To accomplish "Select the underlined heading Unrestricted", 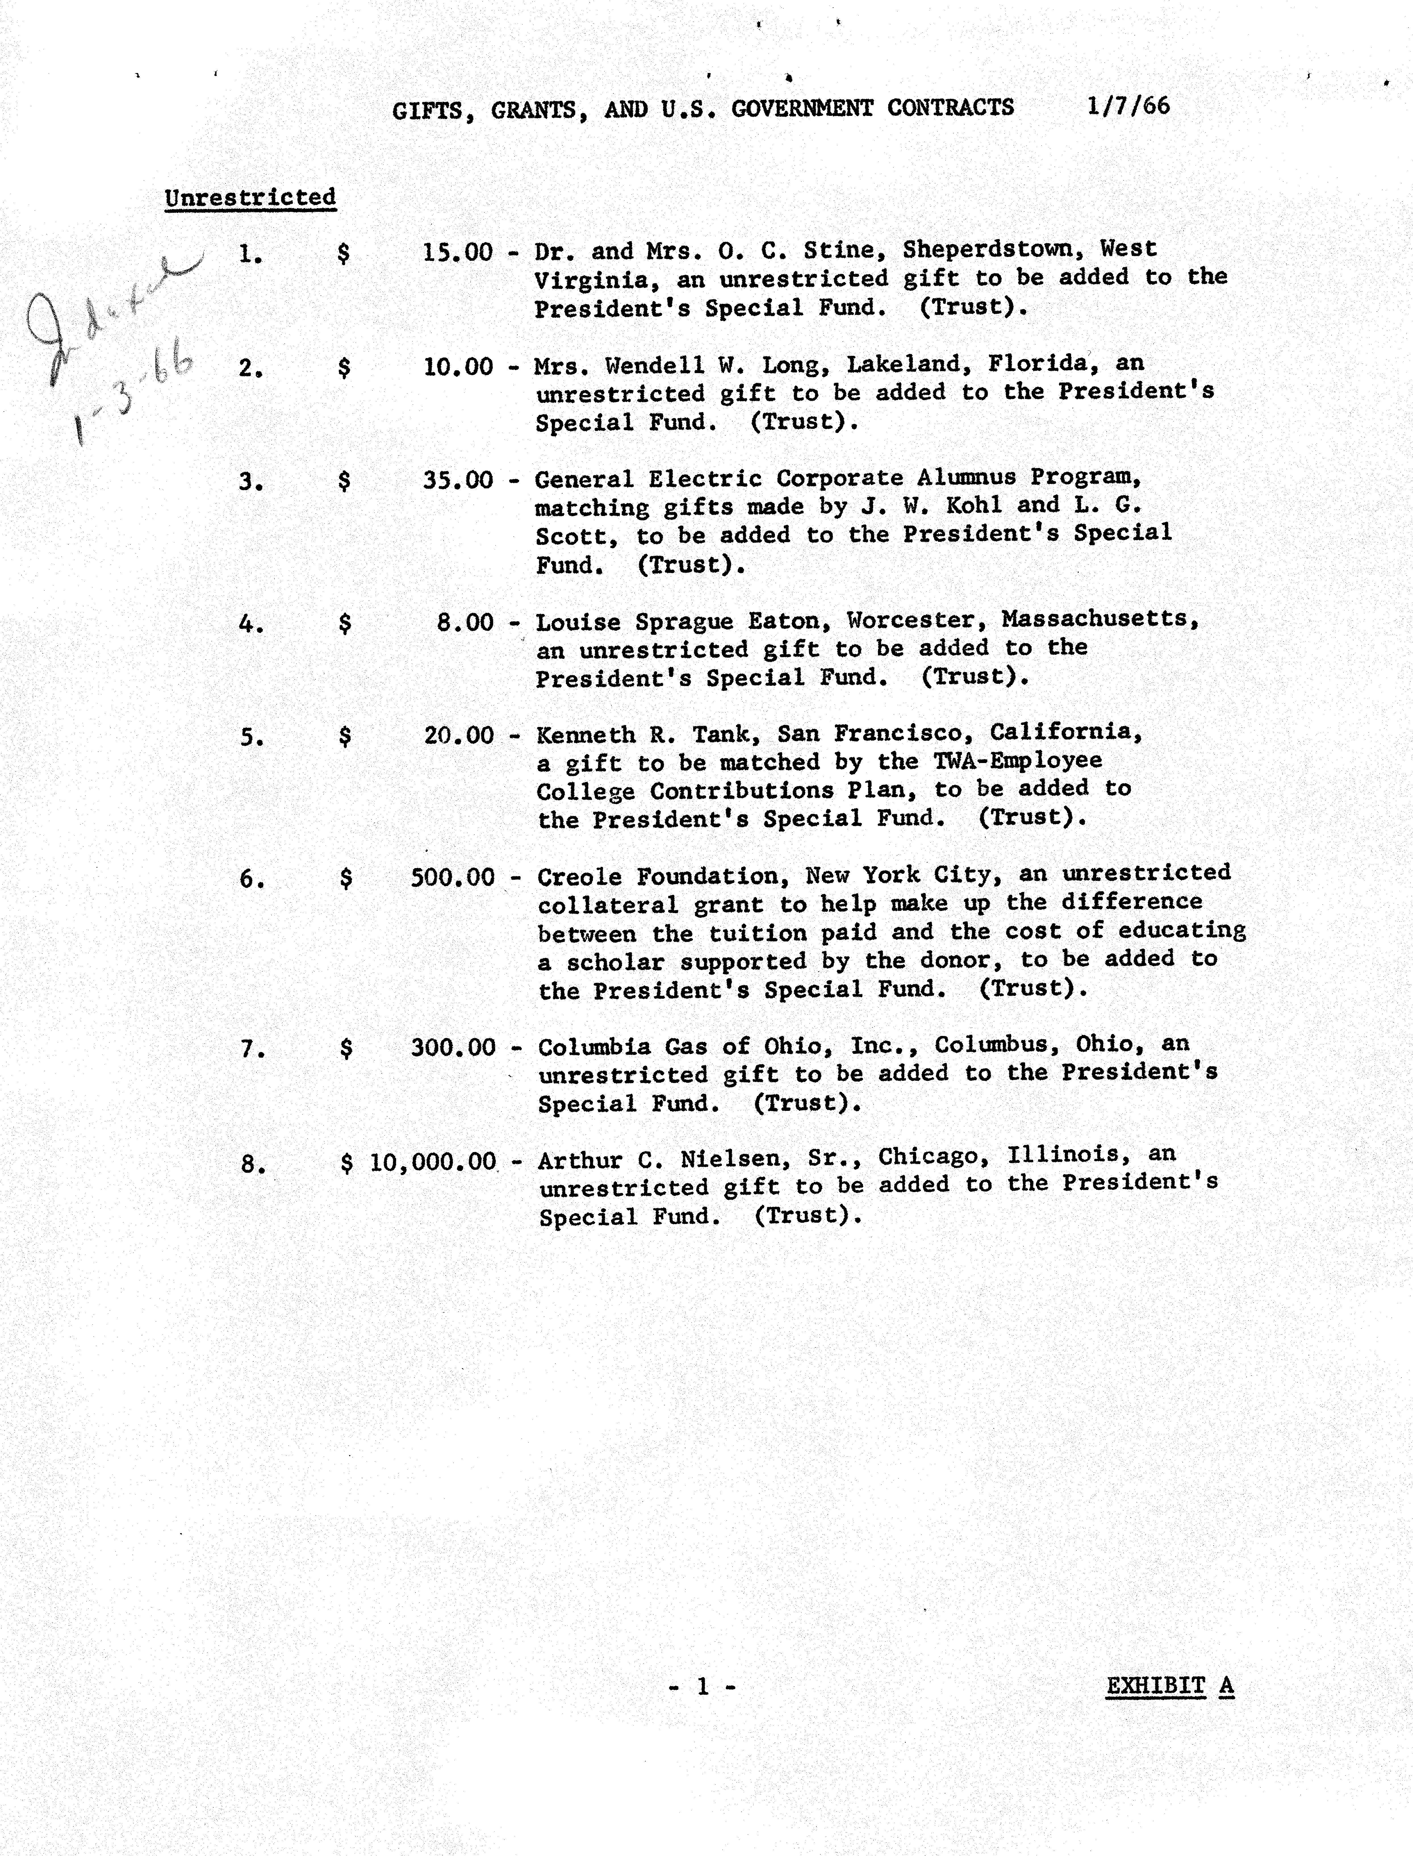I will pos(250,198).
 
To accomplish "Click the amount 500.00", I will pos(453,877).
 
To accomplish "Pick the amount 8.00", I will pos(465,622).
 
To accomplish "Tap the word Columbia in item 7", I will pos(594,1047).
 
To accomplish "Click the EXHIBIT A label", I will pos(1169,1685).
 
